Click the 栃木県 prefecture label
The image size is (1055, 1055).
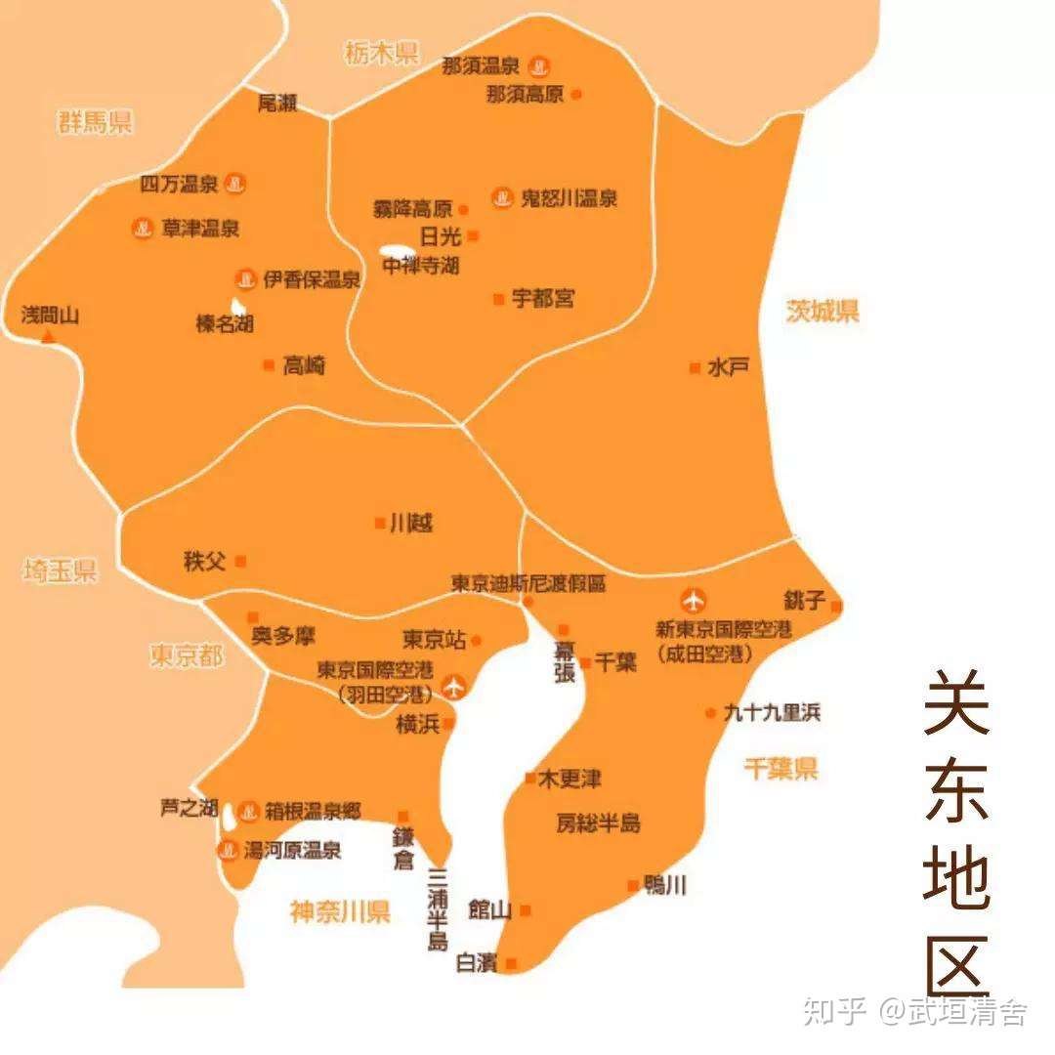coord(381,53)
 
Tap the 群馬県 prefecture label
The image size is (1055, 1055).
coord(95,122)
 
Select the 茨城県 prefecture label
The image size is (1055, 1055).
coord(823,312)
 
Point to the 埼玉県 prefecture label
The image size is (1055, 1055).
coord(61,571)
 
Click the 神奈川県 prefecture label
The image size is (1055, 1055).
coord(340,912)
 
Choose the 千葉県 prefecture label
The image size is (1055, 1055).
coord(780,769)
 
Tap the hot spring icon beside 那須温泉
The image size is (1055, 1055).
coord(538,67)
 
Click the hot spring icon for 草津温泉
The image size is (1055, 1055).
coord(143,229)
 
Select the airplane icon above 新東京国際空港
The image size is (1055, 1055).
coord(694,599)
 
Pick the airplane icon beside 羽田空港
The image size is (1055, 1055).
coord(453,686)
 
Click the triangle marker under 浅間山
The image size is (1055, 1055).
coord(47,336)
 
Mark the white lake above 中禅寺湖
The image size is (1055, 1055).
coord(396,251)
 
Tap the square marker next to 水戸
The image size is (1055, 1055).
coord(695,368)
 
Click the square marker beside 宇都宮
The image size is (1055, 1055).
coord(498,299)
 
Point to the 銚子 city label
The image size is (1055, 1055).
coord(804,600)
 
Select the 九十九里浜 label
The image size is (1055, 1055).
coord(772,712)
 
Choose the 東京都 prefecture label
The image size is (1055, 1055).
coord(186,655)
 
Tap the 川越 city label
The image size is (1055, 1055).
coord(410,524)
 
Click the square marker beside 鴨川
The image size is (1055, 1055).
coord(632,886)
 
